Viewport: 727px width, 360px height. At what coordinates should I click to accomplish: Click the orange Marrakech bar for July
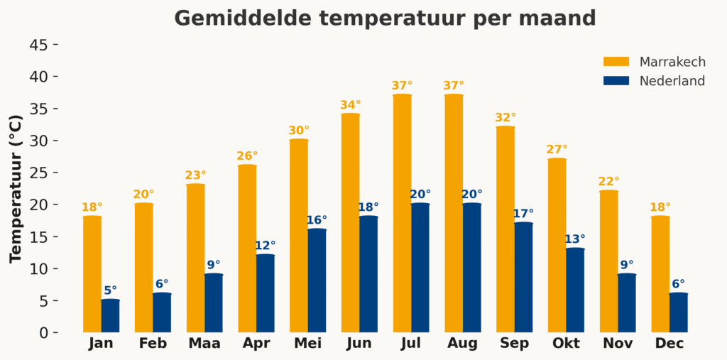click(x=402, y=213)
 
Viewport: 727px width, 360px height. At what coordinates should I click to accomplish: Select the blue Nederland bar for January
click(x=110, y=316)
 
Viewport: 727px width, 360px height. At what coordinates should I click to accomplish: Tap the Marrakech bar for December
click(x=660, y=274)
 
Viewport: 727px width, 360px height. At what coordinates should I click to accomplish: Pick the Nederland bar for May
click(x=317, y=280)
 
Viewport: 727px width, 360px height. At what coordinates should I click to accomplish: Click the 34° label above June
click(x=351, y=105)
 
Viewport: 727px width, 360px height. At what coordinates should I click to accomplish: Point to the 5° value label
click(x=111, y=290)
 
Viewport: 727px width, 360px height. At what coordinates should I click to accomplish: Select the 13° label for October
click(x=575, y=239)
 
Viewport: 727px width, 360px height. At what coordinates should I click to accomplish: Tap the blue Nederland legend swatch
click(x=616, y=81)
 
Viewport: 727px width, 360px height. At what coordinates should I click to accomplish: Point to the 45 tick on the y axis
click(x=40, y=45)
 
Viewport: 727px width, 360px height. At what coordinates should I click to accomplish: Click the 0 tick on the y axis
click(x=43, y=332)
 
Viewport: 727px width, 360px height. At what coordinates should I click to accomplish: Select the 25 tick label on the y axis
click(x=40, y=173)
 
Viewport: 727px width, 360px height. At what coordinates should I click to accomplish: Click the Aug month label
click(x=462, y=344)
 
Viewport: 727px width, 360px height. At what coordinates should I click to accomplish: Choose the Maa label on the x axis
click(x=204, y=344)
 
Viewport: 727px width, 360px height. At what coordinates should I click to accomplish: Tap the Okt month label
click(x=566, y=344)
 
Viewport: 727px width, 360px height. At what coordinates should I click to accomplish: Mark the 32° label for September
click(x=505, y=118)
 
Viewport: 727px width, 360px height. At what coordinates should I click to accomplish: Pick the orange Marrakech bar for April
click(x=247, y=249)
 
